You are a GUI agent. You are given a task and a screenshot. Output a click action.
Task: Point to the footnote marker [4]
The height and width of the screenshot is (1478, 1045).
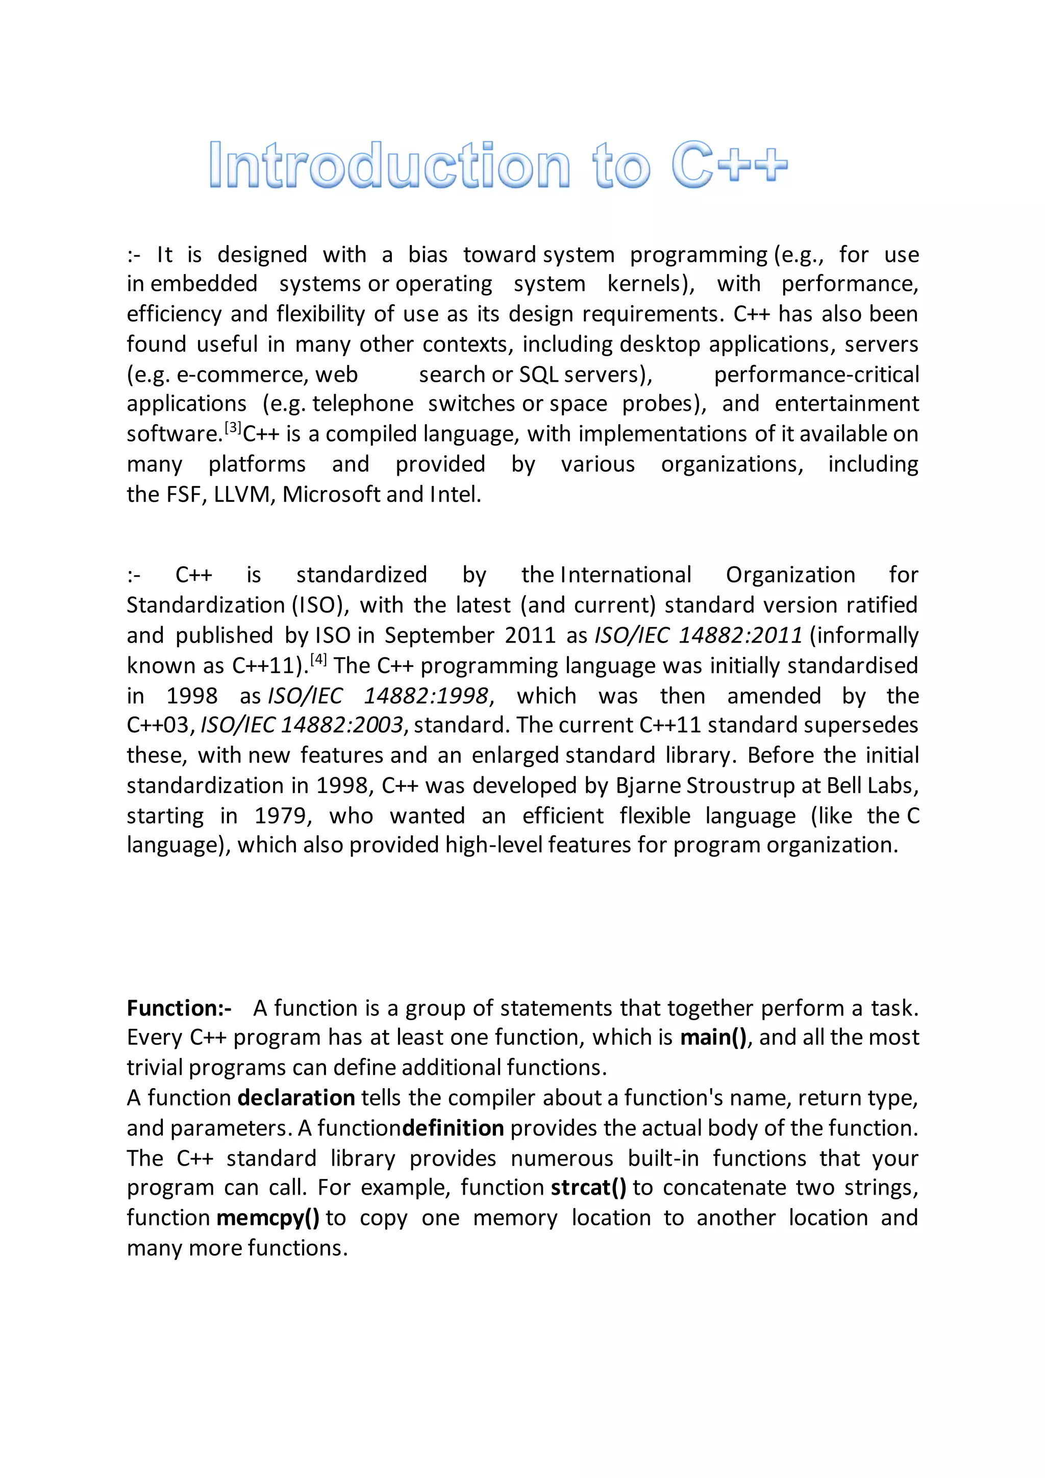pyautogui.click(x=318, y=659)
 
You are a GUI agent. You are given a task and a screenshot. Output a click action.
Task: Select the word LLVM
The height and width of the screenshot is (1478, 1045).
pyautogui.click(x=242, y=495)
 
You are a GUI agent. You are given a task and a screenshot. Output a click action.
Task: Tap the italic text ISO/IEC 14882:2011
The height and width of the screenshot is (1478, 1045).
pyautogui.click(x=698, y=635)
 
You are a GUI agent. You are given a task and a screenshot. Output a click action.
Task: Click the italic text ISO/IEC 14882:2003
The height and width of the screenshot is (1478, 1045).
pyautogui.click(x=303, y=726)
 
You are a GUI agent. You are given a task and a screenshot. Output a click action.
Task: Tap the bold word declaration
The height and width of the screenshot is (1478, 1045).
pyautogui.click(x=296, y=1098)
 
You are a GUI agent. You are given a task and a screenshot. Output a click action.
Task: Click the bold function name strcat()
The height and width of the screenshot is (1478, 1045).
pyautogui.click(x=588, y=1187)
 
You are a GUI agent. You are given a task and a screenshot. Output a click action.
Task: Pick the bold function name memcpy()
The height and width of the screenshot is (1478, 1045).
pyautogui.click(x=268, y=1217)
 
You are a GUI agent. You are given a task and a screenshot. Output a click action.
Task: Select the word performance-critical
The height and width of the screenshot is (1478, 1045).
pyautogui.click(x=816, y=374)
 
